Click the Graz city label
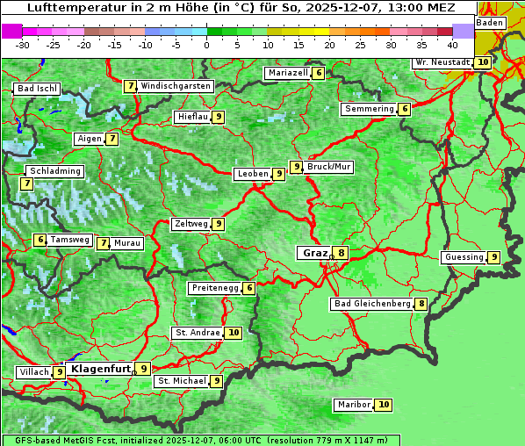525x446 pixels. point(313,253)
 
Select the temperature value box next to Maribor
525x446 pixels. point(384,405)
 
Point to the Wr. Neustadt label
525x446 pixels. point(442,62)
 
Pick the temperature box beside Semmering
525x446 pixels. point(404,109)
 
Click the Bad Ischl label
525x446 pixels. point(37,89)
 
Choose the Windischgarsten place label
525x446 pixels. point(176,86)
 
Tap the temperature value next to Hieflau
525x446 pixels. point(218,117)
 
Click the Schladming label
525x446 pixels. point(54,171)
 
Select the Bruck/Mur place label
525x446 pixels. point(329,166)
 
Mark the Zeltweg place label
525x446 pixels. point(191,224)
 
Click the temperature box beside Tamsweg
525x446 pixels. point(40,240)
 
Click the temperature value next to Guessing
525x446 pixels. point(494,257)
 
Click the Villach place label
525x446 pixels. point(34,372)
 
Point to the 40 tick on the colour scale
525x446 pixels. point(452,44)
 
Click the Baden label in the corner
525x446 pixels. point(491,23)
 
